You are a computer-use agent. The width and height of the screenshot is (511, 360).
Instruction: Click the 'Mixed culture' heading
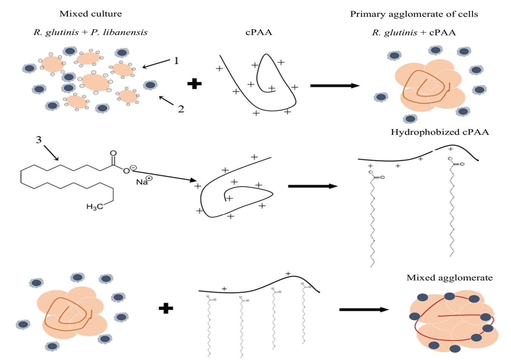[91, 14]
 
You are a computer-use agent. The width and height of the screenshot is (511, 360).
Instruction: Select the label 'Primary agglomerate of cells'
[414, 14]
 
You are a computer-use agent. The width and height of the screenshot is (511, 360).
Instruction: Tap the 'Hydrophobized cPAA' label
[440, 132]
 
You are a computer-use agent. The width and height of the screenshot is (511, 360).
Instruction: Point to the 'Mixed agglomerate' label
[449, 278]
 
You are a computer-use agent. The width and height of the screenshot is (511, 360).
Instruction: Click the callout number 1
[176, 60]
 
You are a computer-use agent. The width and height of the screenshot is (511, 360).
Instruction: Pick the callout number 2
[181, 109]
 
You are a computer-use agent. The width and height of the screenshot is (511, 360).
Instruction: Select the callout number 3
[38, 140]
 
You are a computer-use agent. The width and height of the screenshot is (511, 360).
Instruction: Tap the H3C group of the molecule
[94, 206]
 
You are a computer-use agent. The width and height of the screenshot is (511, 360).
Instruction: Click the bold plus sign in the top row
[194, 83]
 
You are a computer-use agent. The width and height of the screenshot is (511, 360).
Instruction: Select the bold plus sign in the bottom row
[166, 308]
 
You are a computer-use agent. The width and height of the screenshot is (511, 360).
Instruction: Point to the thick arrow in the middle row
[312, 186]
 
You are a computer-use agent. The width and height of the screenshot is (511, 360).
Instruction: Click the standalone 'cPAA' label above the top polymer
[259, 32]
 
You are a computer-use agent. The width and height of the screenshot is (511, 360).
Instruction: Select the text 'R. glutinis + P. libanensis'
[91, 32]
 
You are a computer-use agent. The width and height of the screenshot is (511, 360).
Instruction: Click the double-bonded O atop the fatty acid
[113, 153]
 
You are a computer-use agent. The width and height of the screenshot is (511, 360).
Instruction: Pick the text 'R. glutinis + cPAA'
[414, 33]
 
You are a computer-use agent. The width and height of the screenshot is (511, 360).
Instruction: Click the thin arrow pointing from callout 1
[156, 64]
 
